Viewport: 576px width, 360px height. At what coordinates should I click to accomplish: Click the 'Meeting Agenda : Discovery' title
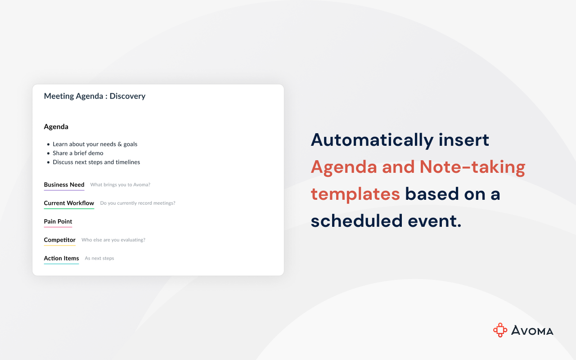point(94,96)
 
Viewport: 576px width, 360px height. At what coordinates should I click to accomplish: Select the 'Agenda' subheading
point(56,127)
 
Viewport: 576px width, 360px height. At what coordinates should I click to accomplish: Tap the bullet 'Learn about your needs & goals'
point(95,144)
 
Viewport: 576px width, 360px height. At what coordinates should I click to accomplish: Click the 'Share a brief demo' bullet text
point(78,153)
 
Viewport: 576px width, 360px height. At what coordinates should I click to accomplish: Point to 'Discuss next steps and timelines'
point(96,162)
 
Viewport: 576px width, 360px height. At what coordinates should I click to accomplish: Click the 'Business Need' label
point(64,184)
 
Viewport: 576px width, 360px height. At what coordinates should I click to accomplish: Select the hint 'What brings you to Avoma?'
point(120,184)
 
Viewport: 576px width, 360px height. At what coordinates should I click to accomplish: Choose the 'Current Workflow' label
point(69,203)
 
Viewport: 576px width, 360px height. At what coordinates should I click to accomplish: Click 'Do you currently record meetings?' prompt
point(138,203)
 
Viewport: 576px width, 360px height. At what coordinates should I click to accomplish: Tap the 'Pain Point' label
point(58,221)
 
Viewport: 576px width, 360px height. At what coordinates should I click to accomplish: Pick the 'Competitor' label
point(60,240)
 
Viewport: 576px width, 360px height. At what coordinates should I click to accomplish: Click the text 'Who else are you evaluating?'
point(113,240)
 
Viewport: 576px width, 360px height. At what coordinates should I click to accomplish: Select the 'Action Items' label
point(62,258)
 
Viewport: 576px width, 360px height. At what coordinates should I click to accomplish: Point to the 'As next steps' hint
point(99,258)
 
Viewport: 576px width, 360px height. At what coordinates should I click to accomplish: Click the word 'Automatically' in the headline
point(372,140)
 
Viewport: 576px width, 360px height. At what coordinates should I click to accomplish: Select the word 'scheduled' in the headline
point(357,221)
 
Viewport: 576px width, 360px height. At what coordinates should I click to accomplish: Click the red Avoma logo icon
point(500,330)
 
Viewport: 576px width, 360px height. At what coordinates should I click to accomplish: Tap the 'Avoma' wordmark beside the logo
point(532,330)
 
